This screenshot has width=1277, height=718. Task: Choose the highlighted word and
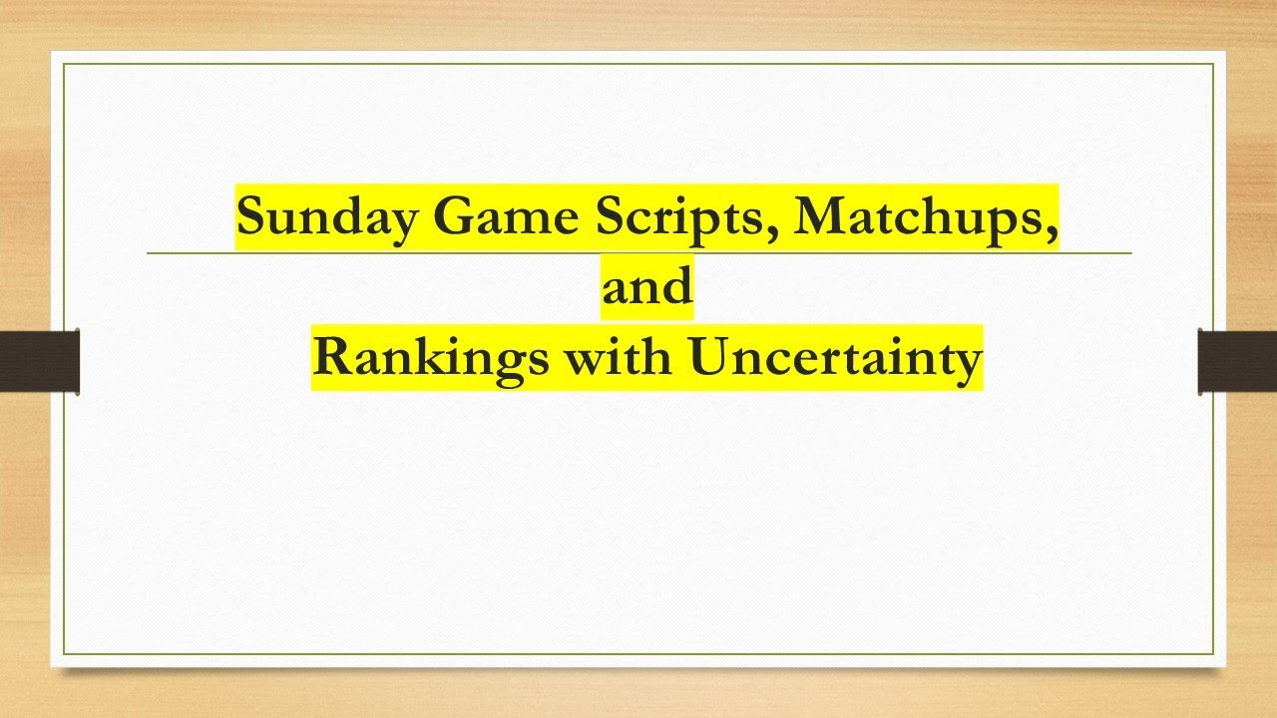tap(646, 287)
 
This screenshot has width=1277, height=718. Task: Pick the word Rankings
tap(430, 358)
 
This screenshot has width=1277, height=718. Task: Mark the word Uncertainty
tap(835, 358)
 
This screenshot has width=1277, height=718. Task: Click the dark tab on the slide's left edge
tap(39, 361)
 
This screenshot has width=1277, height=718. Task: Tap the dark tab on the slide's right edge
tap(1237, 361)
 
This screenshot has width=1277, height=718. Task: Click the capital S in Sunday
tap(250, 216)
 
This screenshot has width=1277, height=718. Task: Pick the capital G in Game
tap(452, 216)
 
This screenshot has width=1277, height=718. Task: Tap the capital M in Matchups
tap(818, 216)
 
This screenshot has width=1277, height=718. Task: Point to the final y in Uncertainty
tap(968, 364)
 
